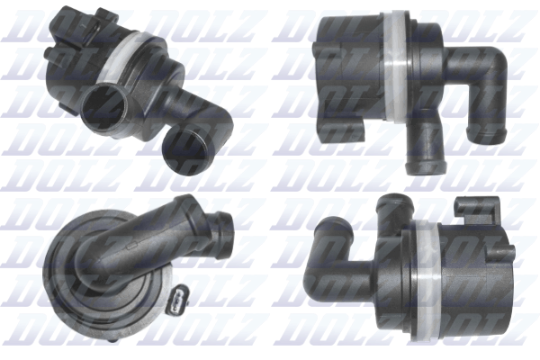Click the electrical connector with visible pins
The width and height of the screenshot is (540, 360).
[x=177, y=300]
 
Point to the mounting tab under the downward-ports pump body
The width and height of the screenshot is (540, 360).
[x=342, y=130]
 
